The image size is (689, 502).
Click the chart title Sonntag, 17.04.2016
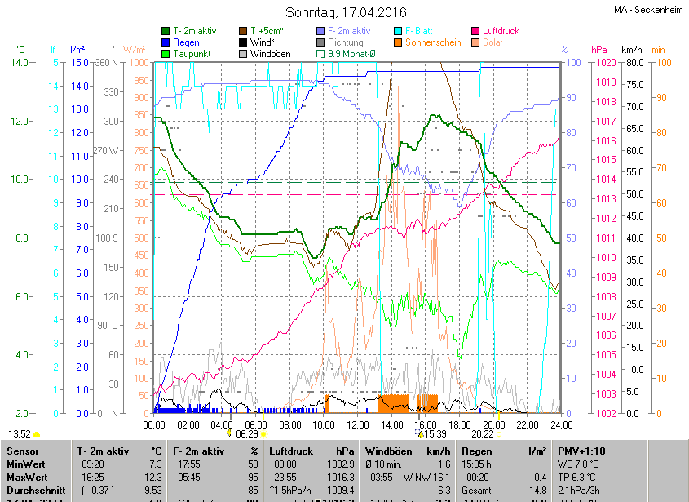(x=346, y=12)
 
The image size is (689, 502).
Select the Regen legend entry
(x=186, y=42)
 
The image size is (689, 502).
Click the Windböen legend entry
(x=268, y=54)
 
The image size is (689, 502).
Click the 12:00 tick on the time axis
(x=358, y=424)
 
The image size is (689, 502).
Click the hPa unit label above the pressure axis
(x=599, y=50)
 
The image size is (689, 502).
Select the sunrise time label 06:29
(x=247, y=434)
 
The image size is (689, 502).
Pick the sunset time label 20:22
(x=483, y=434)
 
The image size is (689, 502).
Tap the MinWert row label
(x=25, y=464)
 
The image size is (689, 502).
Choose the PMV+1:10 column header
(x=581, y=451)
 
